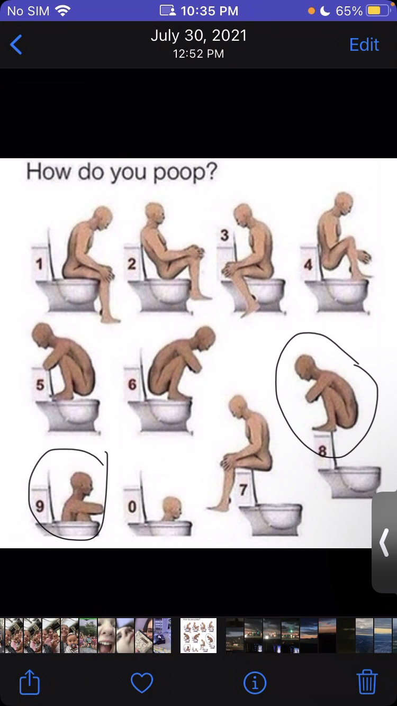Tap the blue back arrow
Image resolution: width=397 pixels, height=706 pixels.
16,44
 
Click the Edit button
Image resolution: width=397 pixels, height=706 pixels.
364,44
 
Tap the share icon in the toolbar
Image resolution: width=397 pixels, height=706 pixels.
30,682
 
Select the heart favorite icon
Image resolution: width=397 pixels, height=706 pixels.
142,683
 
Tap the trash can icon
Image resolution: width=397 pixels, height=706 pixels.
367,682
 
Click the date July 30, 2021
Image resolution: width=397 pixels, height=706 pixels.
198,35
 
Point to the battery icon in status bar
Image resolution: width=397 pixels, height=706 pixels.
378,11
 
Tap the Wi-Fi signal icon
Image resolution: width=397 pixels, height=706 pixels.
62,11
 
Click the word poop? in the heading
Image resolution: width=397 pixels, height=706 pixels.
185,172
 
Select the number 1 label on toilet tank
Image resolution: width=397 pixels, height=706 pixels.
39,264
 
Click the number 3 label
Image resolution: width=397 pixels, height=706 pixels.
224,235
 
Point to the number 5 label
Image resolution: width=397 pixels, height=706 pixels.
40,385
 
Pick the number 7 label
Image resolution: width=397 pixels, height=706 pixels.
243,490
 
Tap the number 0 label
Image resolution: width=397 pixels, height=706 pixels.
132,507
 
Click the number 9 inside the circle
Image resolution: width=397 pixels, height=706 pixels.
40,506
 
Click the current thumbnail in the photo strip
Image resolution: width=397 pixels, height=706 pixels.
198,636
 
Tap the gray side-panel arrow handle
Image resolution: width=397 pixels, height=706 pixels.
384,542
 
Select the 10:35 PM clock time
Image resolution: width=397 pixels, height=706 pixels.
210,11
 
